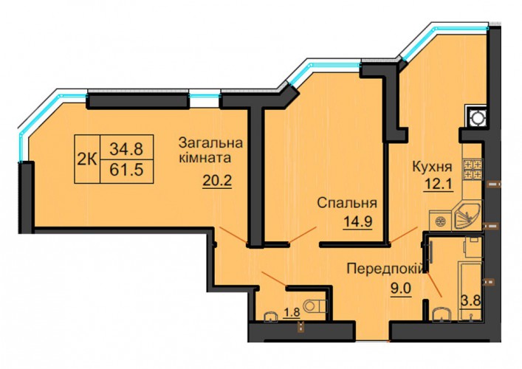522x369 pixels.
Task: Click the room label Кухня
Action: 433,168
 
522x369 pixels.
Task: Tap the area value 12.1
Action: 438,183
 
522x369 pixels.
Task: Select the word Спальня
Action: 347,203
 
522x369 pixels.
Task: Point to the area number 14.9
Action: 358,221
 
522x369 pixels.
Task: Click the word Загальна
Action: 210,143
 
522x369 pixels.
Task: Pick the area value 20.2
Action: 217,181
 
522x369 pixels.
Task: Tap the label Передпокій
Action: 386,268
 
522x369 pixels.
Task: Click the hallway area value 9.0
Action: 401,289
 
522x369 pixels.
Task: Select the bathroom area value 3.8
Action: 470,301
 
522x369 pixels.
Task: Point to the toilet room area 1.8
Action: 292,312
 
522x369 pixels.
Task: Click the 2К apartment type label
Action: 87,159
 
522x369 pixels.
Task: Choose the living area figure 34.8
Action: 126,148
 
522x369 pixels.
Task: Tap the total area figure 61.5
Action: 126,170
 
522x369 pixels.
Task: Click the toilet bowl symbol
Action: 315,306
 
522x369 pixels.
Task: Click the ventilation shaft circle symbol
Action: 476,118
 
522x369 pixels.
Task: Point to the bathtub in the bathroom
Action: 470,292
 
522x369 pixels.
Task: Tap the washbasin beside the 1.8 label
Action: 271,317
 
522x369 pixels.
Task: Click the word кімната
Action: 205,157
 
